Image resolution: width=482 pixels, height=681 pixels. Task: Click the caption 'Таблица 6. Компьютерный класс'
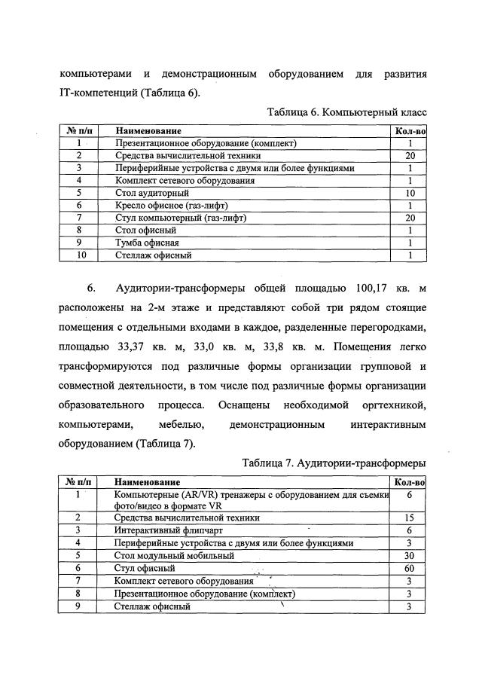[346, 112]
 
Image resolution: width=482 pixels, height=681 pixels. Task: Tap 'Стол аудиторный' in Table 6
[146, 193]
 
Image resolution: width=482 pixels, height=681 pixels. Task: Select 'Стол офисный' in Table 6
[145, 231]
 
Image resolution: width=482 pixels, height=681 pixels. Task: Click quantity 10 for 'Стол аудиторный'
[410, 193]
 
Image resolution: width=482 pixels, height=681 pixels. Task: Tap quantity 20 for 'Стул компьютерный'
[410, 218]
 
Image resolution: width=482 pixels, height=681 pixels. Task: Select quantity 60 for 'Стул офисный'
[409, 568]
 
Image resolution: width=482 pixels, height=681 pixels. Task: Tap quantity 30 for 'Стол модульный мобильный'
[409, 555]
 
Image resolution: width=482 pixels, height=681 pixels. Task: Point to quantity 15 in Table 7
[409, 518]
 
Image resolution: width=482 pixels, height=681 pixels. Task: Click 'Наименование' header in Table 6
[148, 130]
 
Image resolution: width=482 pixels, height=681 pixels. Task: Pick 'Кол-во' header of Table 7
[410, 481]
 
